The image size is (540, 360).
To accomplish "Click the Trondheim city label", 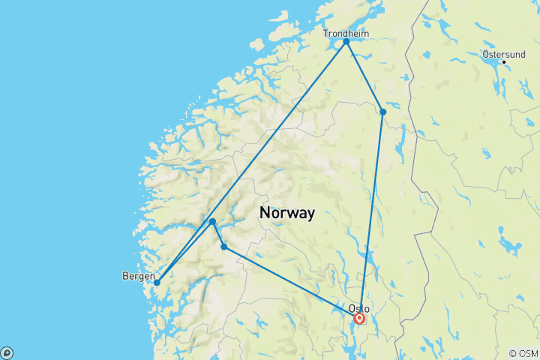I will [x=346, y=33].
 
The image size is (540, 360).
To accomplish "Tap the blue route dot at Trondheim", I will [x=346, y=41].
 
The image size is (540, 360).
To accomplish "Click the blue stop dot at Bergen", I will [x=157, y=283].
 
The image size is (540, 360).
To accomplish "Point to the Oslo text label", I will [x=359, y=308].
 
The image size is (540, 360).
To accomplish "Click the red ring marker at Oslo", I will [x=359, y=319].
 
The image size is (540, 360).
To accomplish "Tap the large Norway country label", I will [x=287, y=212].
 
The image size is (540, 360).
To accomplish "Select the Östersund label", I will [x=504, y=54].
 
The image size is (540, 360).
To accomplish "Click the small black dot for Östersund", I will [x=504, y=61].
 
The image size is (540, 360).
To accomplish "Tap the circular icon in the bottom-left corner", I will [x=7, y=352].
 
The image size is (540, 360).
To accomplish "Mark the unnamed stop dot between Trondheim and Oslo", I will [x=382, y=112].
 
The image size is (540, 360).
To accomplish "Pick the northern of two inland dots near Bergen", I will [x=213, y=221].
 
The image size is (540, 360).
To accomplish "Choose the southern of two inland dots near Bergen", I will [x=224, y=247].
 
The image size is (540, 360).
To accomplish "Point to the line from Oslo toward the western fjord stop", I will [x=292, y=283].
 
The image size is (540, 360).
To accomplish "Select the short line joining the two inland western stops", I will [x=218, y=234].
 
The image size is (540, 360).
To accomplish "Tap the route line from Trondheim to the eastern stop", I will [x=364, y=76].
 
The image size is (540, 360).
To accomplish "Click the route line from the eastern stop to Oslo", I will [x=371, y=214].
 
